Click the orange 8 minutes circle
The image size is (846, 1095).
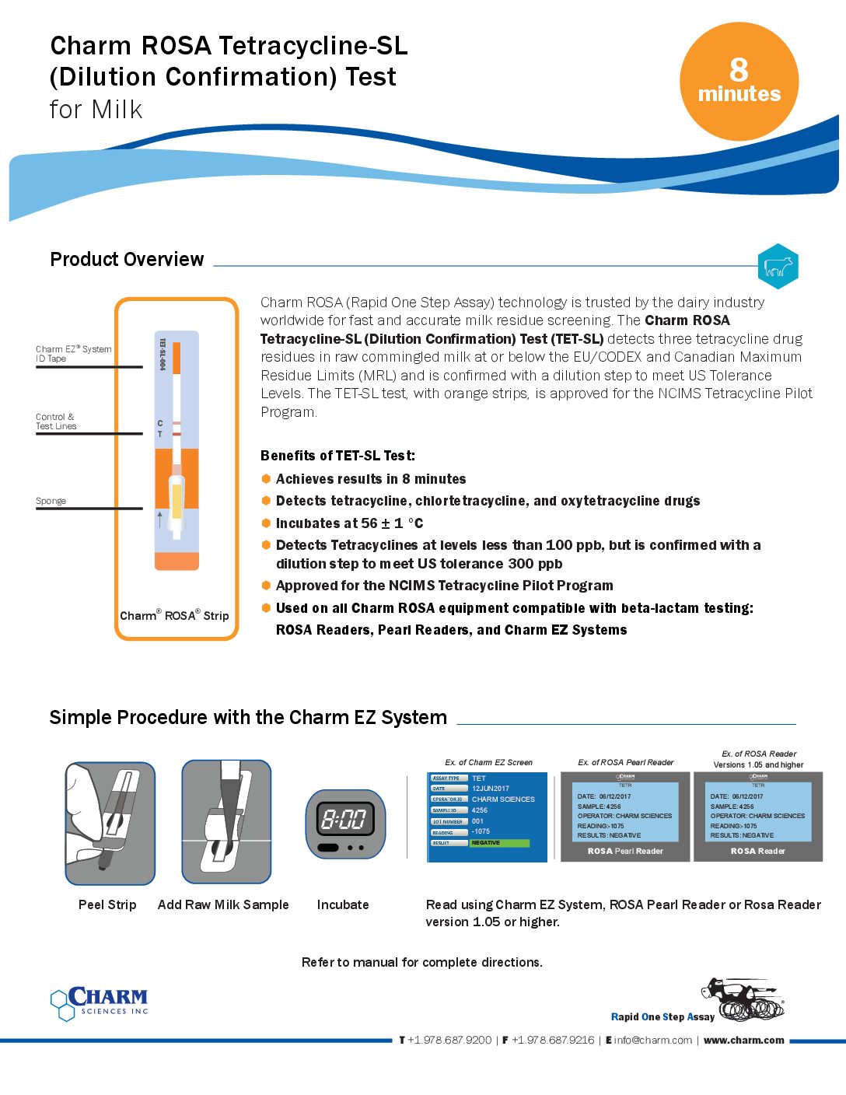[x=739, y=82]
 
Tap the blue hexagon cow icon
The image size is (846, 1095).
[x=778, y=267]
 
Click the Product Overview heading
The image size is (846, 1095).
[x=127, y=259]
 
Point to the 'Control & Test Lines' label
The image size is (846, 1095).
[x=56, y=422]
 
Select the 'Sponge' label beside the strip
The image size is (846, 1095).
[x=51, y=501]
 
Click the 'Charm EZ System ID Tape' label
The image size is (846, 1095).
[x=73, y=354]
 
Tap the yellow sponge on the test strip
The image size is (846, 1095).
[x=177, y=501]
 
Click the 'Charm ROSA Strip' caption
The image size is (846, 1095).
[x=174, y=615]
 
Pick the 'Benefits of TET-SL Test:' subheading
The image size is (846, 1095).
[x=337, y=456]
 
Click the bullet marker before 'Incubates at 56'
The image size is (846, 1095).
[x=266, y=523]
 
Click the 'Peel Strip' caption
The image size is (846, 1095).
[x=107, y=904]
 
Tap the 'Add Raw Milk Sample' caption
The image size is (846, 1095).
[x=223, y=904]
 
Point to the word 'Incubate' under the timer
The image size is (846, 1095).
[x=343, y=904]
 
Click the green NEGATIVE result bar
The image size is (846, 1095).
[x=499, y=843]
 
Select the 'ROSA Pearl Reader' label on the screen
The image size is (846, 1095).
[x=625, y=851]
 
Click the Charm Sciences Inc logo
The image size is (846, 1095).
[x=100, y=1002]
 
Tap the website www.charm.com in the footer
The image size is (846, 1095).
[x=743, y=1040]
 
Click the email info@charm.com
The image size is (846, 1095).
[x=652, y=1040]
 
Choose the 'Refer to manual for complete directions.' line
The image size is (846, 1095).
[x=422, y=962]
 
